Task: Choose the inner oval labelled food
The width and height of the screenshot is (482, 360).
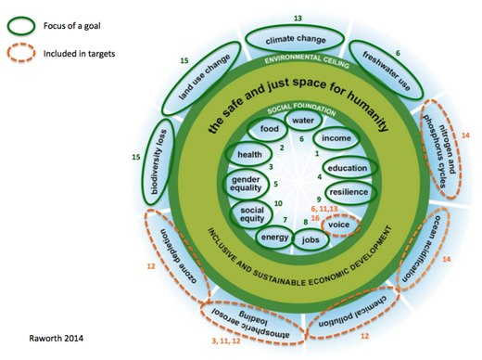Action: click(270, 129)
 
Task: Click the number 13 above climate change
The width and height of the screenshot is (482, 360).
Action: click(298, 18)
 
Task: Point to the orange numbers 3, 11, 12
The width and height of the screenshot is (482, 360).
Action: click(228, 341)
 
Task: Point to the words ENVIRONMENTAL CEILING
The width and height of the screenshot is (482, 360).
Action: click(298, 58)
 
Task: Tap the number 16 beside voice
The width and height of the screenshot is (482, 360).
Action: click(316, 218)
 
